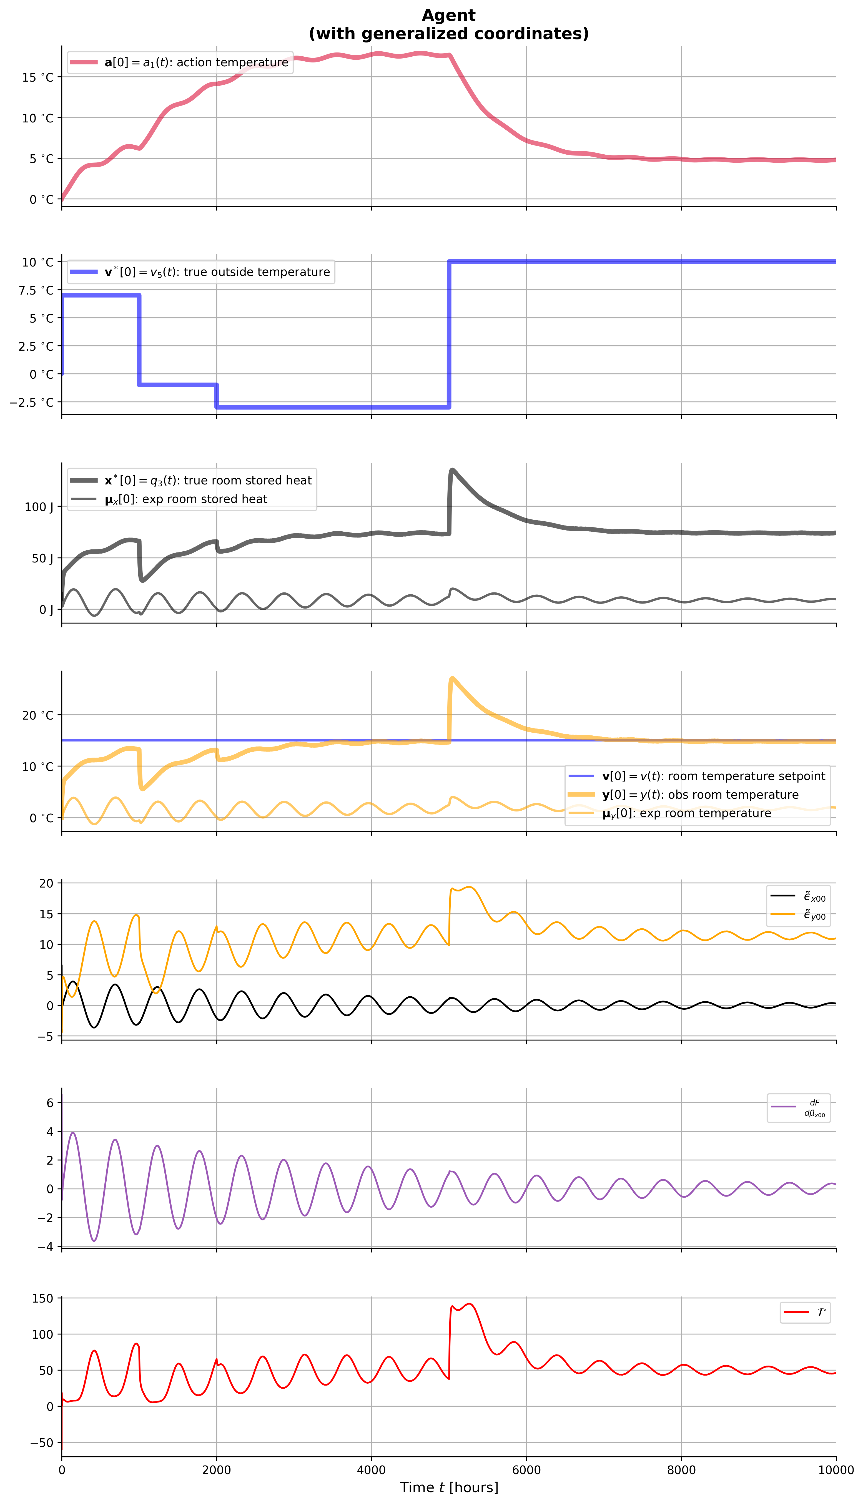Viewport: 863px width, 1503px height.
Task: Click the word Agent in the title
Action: pos(449,15)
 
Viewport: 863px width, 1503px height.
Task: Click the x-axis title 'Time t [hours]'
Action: pos(449,1487)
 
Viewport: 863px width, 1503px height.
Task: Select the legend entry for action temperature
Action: pos(195,62)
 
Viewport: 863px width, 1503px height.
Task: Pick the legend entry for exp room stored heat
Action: pos(185,499)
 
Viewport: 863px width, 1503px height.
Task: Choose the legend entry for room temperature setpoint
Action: pos(713,776)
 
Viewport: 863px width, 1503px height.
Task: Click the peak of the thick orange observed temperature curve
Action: pos(452,678)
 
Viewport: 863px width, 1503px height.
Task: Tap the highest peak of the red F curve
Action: pos(470,1304)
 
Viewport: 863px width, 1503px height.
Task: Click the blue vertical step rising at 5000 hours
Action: pos(449,335)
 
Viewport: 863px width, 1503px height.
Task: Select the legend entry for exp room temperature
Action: pos(686,813)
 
